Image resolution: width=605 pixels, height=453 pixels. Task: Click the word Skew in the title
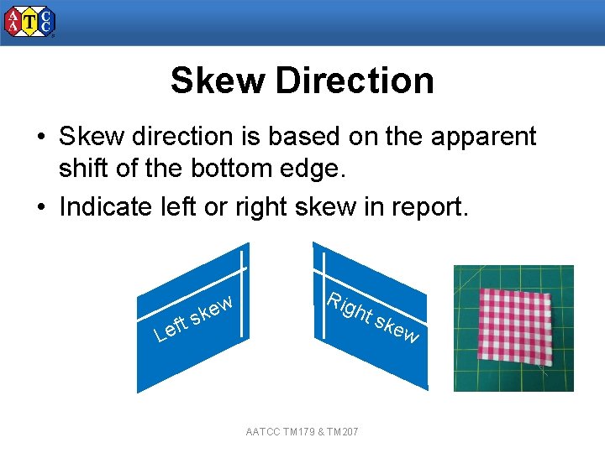[217, 81]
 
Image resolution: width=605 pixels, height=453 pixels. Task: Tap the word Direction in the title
[354, 81]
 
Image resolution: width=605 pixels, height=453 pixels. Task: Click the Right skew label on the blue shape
[372, 318]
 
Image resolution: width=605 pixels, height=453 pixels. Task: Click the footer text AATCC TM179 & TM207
[302, 431]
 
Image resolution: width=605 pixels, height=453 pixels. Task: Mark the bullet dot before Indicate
[39, 207]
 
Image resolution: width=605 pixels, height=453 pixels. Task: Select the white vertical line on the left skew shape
[245, 294]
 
